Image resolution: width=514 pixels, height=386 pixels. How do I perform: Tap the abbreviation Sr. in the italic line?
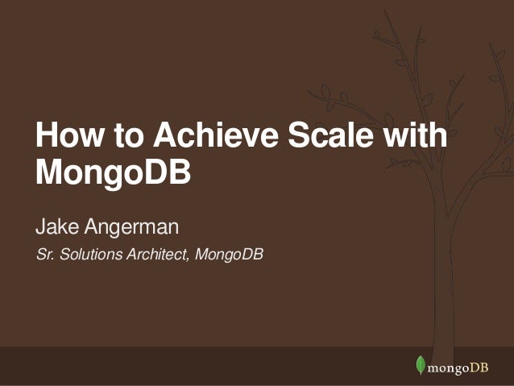pyautogui.click(x=44, y=255)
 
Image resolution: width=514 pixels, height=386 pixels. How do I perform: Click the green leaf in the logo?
pyautogui.click(x=420, y=365)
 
